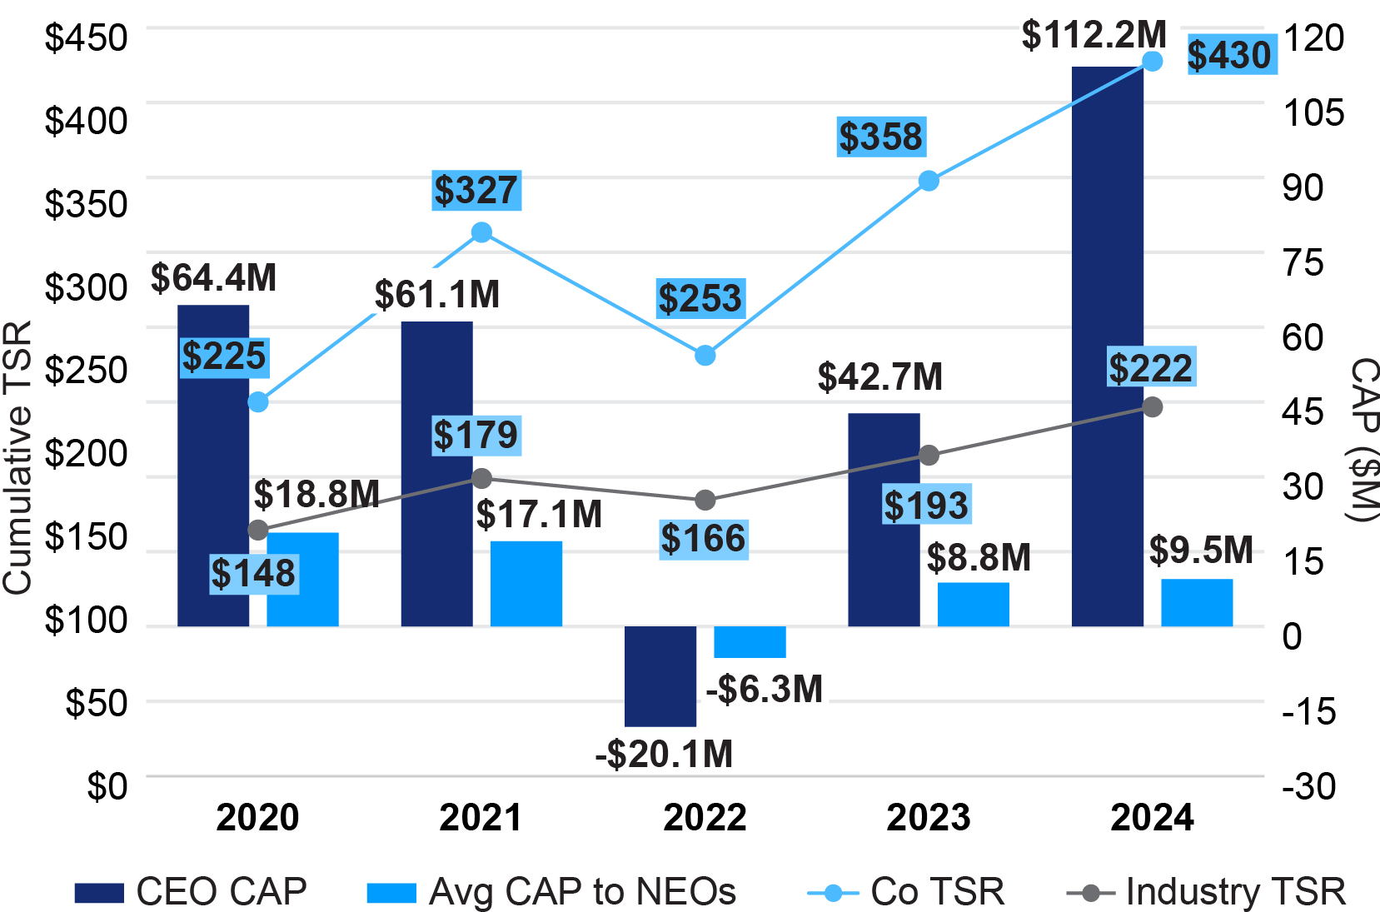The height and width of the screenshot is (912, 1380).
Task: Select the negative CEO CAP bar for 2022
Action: point(660,675)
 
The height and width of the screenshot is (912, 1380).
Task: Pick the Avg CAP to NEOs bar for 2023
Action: point(973,604)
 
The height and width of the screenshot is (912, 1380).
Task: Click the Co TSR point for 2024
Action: point(1152,61)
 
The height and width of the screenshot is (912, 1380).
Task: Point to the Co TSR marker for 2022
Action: point(705,356)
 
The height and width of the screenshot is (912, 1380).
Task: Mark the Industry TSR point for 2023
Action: point(929,456)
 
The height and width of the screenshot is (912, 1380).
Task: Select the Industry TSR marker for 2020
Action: point(258,530)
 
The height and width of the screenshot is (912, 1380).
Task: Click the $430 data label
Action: point(1229,55)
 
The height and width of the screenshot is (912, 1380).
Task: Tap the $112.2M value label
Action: point(1094,35)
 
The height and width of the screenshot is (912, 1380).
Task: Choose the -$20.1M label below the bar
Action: point(664,754)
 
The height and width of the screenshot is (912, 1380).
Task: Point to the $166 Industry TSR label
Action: point(703,539)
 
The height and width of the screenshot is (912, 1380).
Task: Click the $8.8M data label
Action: point(979,557)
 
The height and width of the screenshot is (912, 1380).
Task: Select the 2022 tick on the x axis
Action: point(705,817)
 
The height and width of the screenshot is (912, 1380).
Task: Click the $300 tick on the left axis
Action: point(86,287)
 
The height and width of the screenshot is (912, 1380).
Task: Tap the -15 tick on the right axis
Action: point(1308,711)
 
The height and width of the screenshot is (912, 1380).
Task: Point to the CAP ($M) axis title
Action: point(1363,440)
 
